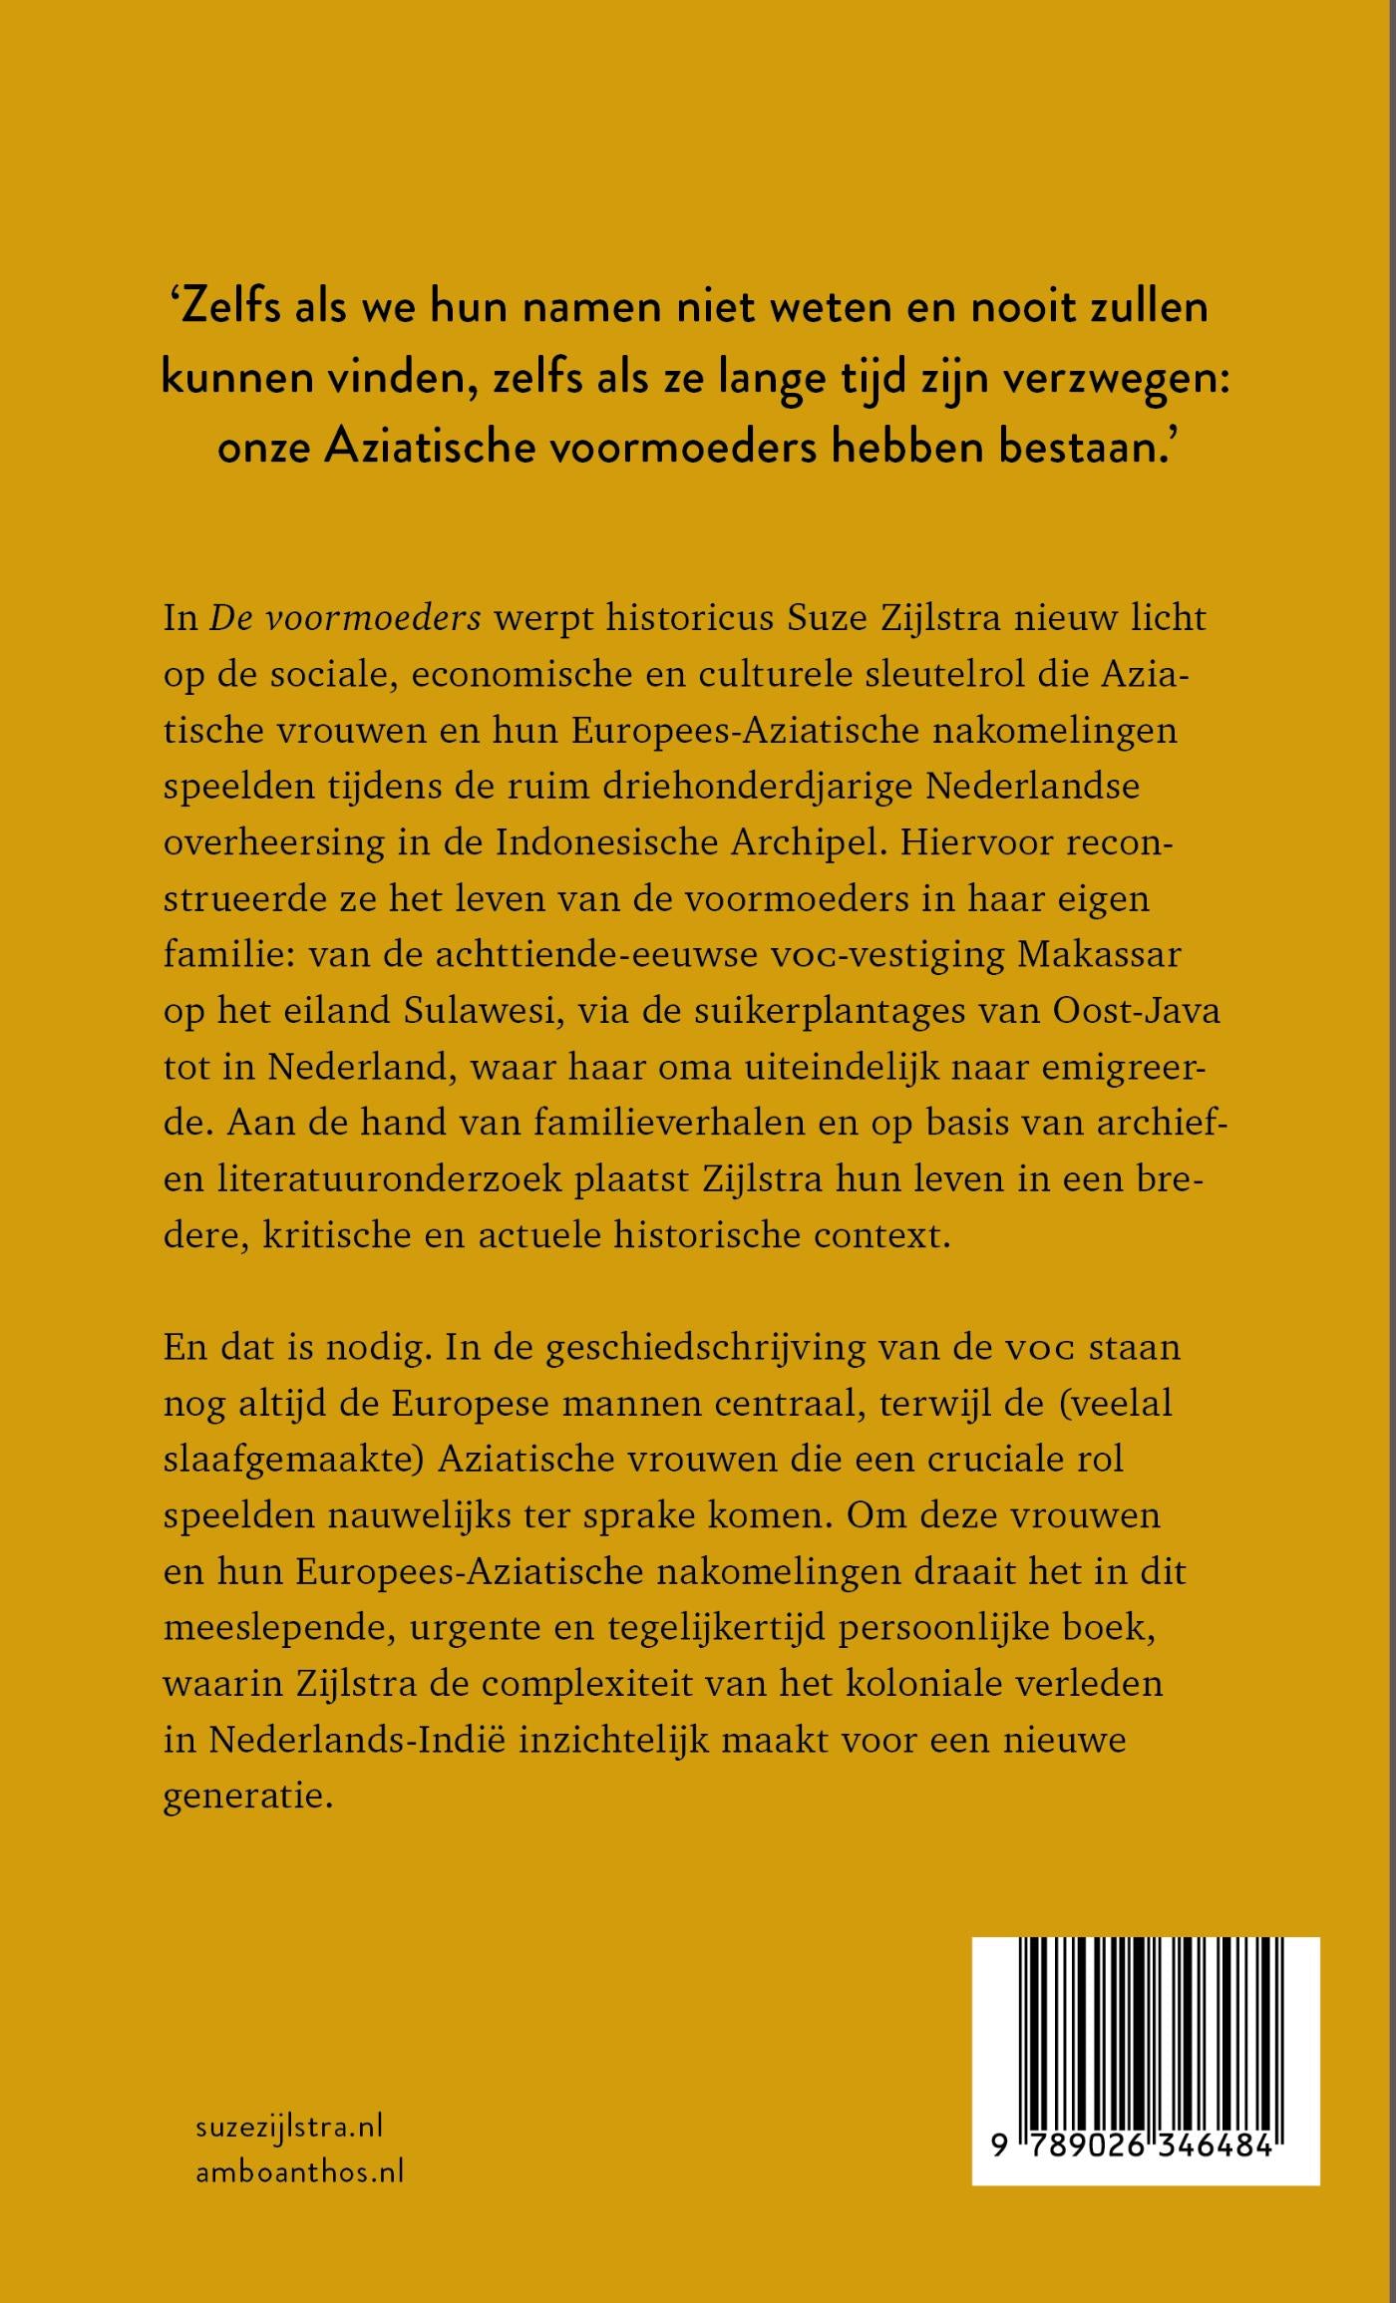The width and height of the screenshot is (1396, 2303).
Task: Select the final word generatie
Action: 246,1797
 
